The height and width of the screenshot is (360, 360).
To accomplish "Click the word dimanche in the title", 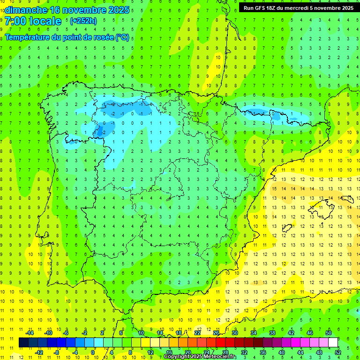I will [26, 10].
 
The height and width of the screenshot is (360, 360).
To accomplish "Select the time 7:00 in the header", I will [15, 21].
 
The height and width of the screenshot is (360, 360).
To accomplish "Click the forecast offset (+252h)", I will [83, 21].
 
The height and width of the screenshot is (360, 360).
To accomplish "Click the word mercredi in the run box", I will [309, 7].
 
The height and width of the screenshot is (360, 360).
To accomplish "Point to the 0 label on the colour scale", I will [92, 352].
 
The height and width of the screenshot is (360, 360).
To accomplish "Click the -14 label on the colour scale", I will [30, 333].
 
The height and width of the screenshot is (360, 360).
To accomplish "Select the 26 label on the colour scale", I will [216, 333].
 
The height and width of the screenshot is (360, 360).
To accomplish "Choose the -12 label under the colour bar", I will [39, 352].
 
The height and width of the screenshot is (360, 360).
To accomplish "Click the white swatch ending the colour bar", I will [333, 342].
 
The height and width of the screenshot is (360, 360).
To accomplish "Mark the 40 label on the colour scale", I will [281, 352].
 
